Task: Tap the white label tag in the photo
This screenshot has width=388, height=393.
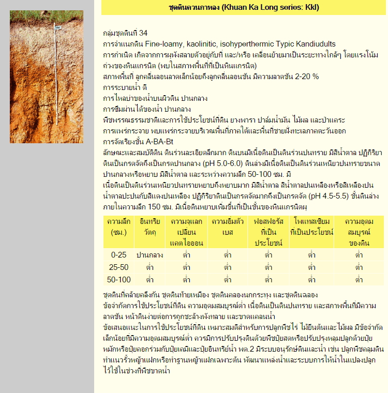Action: pos(58,27)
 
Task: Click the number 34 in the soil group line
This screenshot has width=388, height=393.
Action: pos(144,33)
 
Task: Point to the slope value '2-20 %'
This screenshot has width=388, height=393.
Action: pos(306,77)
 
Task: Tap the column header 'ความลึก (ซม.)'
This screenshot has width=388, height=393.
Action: pos(118,226)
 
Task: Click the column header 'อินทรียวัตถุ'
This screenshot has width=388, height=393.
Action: pos(150,226)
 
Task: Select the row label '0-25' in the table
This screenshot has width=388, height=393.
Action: pos(118,255)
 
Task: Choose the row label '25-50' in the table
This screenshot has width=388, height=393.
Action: pos(118,267)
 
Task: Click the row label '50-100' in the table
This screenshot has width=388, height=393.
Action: pos(118,280)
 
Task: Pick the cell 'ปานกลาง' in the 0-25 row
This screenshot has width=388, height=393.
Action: pos(150,255)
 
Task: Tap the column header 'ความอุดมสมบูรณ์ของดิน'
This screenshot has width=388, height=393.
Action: pos(359,232)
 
